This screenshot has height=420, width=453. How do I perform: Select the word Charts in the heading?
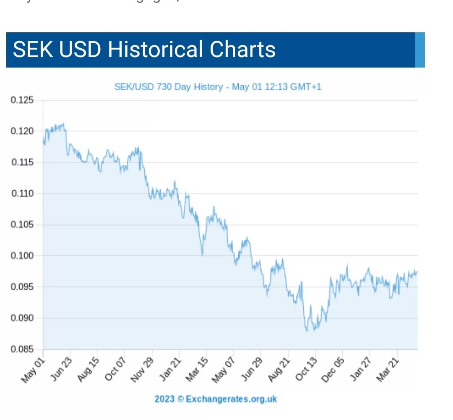(x=243, y=49)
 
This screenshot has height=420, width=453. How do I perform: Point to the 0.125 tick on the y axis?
(x=22, y=100)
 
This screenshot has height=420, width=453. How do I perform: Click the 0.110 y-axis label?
(x=22, y=194)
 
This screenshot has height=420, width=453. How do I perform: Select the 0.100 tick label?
(x=22, y=256)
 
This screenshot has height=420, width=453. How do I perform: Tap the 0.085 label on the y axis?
(x=22, y=349)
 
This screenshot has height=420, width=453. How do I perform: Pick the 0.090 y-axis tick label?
(x=22, y=318)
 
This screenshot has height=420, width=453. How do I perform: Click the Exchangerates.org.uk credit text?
(x=216, y=399)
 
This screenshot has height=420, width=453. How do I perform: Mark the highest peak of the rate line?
(x=63, y=123)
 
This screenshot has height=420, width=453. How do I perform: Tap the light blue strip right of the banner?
(x=419, y=50)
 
